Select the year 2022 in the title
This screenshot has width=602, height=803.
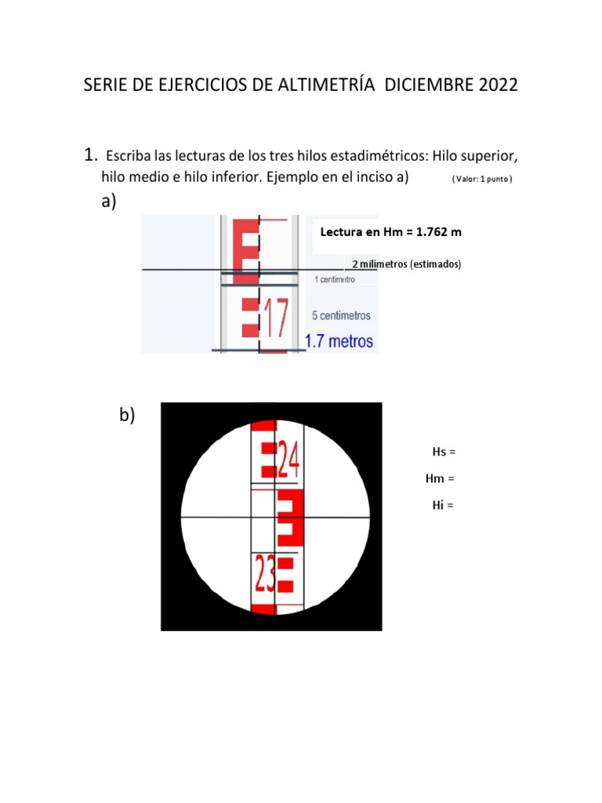498,85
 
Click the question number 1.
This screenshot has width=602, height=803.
91,154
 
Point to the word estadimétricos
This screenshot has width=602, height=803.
379,156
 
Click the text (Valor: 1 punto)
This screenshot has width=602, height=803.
482,179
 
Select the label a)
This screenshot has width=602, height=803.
108,201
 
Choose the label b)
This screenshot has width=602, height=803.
127,414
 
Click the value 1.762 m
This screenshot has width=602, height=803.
439,232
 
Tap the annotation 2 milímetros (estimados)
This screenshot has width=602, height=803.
407,264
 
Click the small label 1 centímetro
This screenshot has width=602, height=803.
335,279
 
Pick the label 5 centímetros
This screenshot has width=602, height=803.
341,315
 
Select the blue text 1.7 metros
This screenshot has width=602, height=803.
339,341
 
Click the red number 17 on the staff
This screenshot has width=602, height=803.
277,318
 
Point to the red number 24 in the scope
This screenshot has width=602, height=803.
288,460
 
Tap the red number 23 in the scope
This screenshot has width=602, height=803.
265,573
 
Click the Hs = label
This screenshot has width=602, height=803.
444,452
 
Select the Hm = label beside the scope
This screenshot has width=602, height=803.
440,478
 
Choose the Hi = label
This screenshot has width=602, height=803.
443,505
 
